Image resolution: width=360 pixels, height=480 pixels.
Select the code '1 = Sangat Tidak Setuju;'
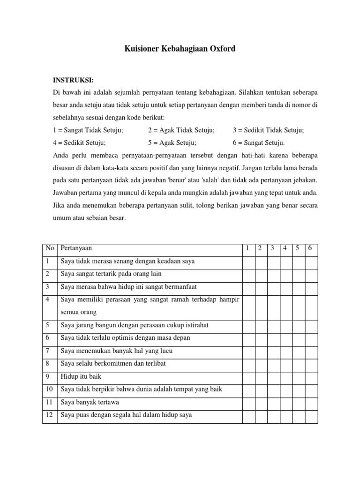(x=88, y=130)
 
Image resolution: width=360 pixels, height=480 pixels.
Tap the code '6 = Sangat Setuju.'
(x=258, y=142)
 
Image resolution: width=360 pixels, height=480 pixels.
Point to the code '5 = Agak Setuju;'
(x=172, y=142)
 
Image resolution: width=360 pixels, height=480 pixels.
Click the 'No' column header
(x=50, y=248)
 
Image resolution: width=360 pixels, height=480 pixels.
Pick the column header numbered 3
(x=272, y=248)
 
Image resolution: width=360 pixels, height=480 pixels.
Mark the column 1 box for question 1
(x=247, y=261)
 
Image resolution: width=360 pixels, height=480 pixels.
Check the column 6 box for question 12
(x=311, y=415)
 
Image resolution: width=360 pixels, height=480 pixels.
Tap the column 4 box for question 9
(x=285, y=376)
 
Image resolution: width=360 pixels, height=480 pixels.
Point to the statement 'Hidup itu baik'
(x=81, y=376)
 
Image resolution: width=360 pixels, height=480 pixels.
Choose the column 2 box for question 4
(x=260, y=306)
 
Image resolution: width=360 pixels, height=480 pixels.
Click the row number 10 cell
(x=49, y=389)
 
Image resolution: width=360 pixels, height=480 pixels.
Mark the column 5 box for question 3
(x=299, y=286)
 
